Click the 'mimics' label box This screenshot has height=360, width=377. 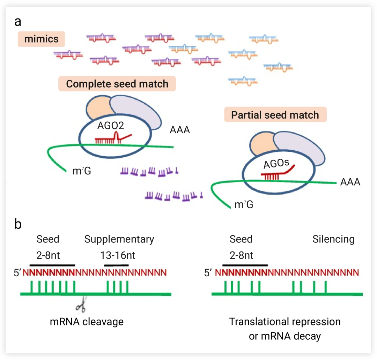coord(42,39)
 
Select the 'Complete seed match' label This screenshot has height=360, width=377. coord(117,84)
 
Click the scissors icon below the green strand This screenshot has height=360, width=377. coord(81,306)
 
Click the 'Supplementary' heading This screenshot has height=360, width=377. coord(119,239)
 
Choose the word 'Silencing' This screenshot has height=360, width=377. coord(333,239)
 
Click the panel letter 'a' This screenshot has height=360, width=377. coord(18,21)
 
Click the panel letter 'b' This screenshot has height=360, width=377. coord(18,224)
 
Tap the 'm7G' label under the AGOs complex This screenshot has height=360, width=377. coord(244,204)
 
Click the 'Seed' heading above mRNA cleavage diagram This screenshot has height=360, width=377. coord(48,239)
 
